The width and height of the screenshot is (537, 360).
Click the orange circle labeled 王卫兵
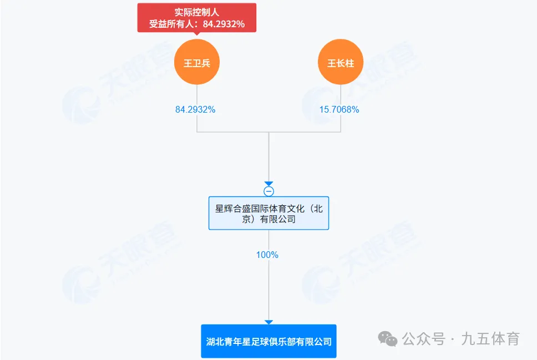(197, 62)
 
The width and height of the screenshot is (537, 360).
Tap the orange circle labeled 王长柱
(341, 62)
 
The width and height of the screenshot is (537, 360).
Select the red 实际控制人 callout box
(197, 18)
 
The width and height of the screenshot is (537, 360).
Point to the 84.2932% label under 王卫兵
(195, 109)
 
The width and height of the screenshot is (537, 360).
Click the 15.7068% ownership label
(339, 109)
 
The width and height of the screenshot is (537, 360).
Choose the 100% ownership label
(267, 255)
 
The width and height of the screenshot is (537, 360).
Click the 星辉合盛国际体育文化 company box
(268, 214)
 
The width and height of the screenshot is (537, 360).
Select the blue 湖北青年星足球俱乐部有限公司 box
(268, 341)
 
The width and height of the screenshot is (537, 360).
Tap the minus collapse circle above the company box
(268, 191)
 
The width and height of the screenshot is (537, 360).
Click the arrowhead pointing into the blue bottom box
(268, 322)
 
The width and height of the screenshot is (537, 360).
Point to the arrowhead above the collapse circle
(268, 184)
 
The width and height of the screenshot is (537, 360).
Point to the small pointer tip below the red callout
(197, 35)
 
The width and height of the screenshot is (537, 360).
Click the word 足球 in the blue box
(273, 342)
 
